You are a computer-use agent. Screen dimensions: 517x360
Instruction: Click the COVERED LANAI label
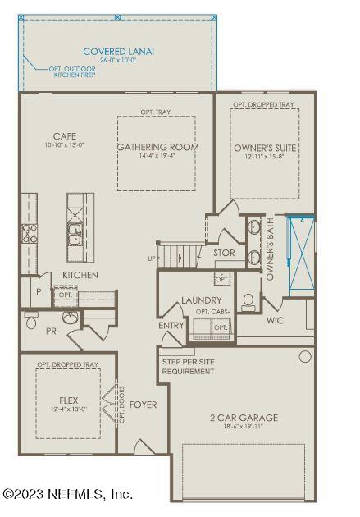(x=118, y=51)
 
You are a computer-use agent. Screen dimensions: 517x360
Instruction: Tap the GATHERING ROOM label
(x=157, y=148)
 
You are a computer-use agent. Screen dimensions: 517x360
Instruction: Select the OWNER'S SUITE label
(x=265, y=148)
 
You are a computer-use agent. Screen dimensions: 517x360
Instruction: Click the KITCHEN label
(x=80, y=275)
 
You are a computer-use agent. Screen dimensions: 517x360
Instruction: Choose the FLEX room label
(x=67, y=401)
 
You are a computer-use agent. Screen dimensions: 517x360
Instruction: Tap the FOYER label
(x=143, y=405)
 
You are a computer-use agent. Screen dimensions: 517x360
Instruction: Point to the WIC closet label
(x=275, y=320)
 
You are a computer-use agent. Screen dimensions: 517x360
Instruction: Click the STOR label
(x=224, y=254)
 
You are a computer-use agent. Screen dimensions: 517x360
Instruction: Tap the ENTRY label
(x=171, y=326)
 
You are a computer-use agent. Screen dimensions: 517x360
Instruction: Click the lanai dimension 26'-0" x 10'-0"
(x=118, y=60)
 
